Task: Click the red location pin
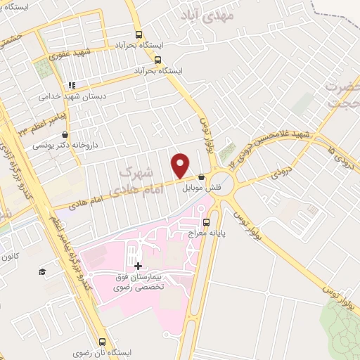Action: point(181,165)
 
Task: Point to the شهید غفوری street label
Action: point(77,53)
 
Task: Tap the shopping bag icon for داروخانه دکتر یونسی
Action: point(65,134)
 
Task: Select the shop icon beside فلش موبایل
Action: point(202,177)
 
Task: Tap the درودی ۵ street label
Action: point(335,149)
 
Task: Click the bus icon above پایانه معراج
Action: point(205,224)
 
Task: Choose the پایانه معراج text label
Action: point(205,236)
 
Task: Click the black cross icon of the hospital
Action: point(138,266)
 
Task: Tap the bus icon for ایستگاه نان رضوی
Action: point(102,342)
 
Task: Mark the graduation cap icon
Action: point(42,271)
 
